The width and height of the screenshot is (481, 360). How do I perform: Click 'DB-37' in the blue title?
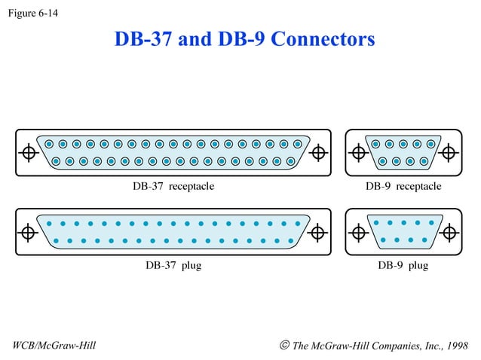[x=144, y=38]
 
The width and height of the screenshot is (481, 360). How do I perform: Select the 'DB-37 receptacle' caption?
[x=173, y=186]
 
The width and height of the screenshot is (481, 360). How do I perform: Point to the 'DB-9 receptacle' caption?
[x=403, y=186]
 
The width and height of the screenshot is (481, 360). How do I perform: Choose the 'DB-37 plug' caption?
[x=173, y=265]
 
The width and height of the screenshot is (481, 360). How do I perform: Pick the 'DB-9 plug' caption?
[x=403, y=265]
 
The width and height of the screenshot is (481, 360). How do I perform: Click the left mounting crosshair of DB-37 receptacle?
[x=29, y=152]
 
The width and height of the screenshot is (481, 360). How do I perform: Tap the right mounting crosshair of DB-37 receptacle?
[x=319, y=152]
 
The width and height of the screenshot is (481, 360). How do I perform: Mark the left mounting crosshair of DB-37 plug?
[x=29, y=231]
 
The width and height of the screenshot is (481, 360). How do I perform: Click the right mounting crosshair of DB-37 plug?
[x=319, y=231]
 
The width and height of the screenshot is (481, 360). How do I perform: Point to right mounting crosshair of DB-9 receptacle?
[x=449, y=152]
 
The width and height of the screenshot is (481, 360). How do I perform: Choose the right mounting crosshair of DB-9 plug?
[x=449, y=231]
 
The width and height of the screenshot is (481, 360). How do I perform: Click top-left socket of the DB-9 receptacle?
[x=375, y=144]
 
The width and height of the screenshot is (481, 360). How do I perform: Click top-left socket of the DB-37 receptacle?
[x=49, y=144]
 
